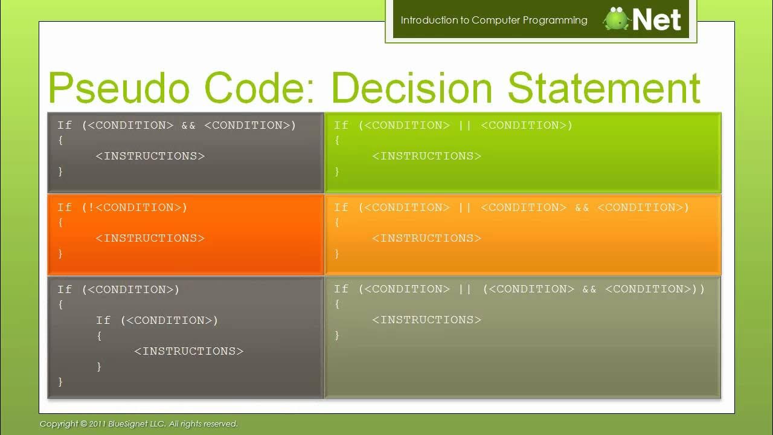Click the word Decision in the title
(412, 88)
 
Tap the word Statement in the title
(603, 88)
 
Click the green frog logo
(616, 19)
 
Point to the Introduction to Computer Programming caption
(493, 20)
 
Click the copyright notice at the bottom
(138, 424)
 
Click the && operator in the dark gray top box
(188, 125)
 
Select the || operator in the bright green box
(465, 125)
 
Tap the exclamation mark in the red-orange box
(92, 207)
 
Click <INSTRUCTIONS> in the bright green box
(426, 156)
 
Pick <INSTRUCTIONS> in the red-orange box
(150, 238)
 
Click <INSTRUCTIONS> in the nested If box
(188, 351)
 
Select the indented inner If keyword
(103, 320)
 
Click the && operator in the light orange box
(582, 207)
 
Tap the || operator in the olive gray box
(465, 289)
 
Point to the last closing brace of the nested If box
(60, 381)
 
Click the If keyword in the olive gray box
(341, 289)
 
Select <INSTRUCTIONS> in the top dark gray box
(150, 156)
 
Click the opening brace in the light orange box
(337, 222)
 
